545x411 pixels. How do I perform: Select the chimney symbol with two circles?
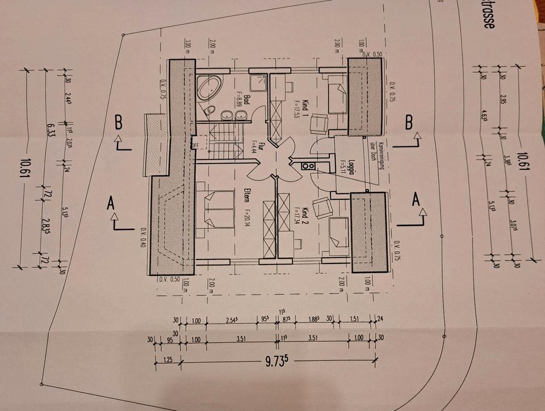[309, 166]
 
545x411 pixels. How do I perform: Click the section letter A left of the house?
[111, 204]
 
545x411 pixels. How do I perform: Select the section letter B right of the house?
[408, 121]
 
